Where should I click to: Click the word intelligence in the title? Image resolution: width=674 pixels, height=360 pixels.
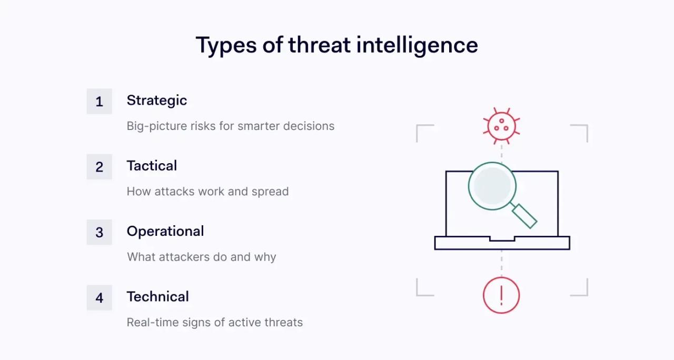417,45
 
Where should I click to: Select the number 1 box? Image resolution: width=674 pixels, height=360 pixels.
100,101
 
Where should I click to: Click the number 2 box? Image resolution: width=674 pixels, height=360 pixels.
100,167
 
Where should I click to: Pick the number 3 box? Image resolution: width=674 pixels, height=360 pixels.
100,232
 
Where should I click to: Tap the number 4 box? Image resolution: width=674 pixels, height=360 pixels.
100,297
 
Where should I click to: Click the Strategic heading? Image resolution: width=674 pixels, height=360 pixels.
157,100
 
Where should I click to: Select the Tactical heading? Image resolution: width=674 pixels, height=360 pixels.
152,166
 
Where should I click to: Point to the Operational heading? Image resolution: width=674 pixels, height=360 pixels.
165,231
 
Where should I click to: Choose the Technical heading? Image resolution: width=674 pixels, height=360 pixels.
157,296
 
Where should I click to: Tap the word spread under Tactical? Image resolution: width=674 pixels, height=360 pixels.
270,191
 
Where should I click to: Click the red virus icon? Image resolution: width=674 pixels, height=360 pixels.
501,126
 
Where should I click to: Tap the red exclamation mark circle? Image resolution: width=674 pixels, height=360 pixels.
501,295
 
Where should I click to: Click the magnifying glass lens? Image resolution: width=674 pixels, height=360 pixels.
492,186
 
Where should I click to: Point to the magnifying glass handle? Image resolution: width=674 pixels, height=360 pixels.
524,216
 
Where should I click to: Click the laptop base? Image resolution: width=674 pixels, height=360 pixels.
502,243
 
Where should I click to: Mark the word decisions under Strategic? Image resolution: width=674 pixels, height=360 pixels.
309,126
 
